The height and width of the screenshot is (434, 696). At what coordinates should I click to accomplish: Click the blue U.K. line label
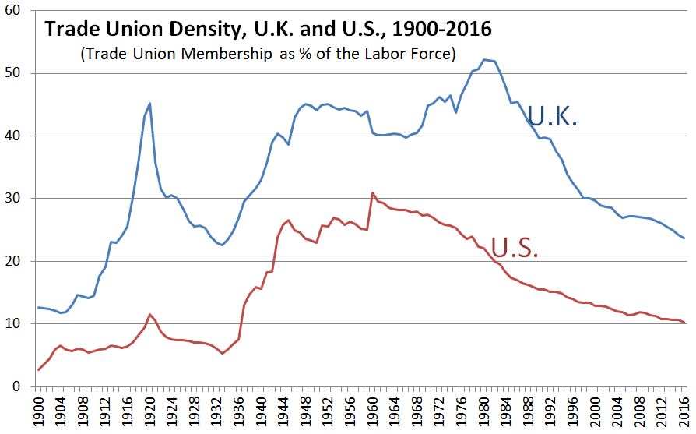pyautogui.click(x=552, y=116)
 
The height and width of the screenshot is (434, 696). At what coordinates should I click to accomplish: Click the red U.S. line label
pyautogui.click(x=515, y=248)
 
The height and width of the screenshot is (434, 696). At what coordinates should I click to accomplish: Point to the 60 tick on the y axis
pyautogui.click(x=13, y=10)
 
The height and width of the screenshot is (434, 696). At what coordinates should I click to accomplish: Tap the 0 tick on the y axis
pyautogui.click(x=17, y=386)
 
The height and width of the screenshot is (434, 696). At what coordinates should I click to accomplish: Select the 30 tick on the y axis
pyautogui.click(x=13, y=198)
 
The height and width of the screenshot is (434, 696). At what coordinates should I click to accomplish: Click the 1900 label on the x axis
pyautogui.click(x=39, y=413)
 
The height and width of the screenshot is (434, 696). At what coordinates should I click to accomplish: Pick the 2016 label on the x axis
pyautogui.click(x=685, y=413)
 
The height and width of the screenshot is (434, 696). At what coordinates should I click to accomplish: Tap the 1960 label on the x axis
pyautogui.click(x=373, y=413)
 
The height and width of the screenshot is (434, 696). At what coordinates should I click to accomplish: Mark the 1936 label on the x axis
pyautogui.click(x=240, y=413)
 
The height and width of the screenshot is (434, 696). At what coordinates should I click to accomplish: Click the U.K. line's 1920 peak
pyautogui.click(x=149, y=103)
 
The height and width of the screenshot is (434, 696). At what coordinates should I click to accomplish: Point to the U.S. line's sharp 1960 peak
pyautogui.click(x=372, y=192)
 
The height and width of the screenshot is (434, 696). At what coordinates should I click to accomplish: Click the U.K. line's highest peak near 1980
pyautogui.click(x=483, y=59)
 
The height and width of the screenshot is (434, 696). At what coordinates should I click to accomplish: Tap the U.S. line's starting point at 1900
pyautogui.click(x=39, y=369)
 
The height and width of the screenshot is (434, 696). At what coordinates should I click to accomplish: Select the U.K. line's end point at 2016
pyautogui.click(x=684, y=238)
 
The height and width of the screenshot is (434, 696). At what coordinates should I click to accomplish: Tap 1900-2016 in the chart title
pyautogui.click(x=441, y=29)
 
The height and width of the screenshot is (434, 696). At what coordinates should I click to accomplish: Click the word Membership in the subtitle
pyautogui.click(x=226, y=54)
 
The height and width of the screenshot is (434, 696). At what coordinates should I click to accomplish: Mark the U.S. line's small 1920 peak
pyautogui.click(x=150, y=315)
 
